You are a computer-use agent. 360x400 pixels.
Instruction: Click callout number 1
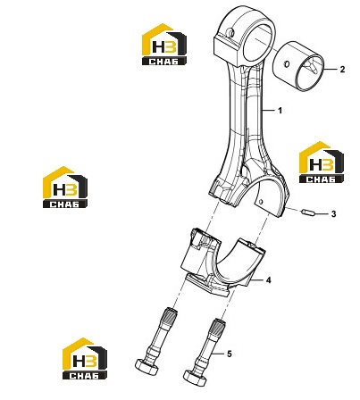(x=280, y=111)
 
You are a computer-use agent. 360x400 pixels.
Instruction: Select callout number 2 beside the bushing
(x=342, y=70)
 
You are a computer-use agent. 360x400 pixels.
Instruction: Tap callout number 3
(x=333, y=213)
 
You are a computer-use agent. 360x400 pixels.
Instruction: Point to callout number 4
(x=268, y=280)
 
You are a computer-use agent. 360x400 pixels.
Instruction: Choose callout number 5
(x=229, y=354)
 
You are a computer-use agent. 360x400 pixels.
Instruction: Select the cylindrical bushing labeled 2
(x=298, y=67)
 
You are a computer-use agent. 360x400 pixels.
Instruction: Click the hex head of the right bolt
(x=194, y=378)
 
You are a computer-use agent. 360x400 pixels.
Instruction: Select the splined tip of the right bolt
(x=218, y=326)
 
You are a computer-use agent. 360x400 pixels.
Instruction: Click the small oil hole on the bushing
(x=287, y=63)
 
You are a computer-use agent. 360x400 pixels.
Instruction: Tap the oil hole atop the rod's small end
(x=230, y=32)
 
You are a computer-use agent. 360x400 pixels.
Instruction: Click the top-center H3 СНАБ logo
(x=164, y=45)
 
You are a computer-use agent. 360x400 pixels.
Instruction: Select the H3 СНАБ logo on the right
(x=322, y=162)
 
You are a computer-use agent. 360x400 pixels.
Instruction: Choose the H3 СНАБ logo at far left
(x=65, y=187)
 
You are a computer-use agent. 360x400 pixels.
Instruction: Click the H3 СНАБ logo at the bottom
(x=85, y=359)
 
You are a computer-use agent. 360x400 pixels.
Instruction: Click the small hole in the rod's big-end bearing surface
(x=261, y=202)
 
